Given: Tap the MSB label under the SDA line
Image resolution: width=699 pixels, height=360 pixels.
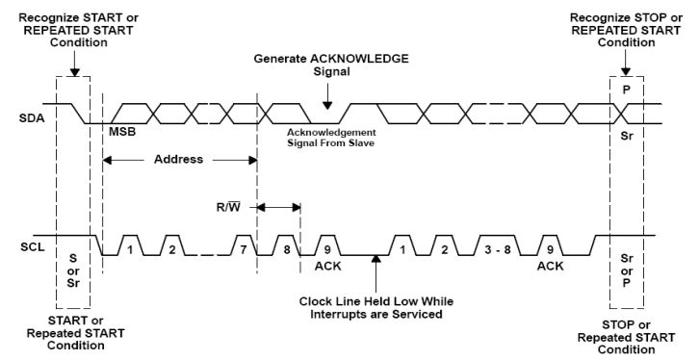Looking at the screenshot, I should coord(122,131).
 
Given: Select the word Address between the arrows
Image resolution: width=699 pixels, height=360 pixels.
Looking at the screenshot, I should coord(179,159).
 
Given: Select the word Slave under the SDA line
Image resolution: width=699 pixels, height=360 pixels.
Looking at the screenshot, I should coord(359,141).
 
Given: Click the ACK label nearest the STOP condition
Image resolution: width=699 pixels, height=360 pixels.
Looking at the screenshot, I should coord(550,265).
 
